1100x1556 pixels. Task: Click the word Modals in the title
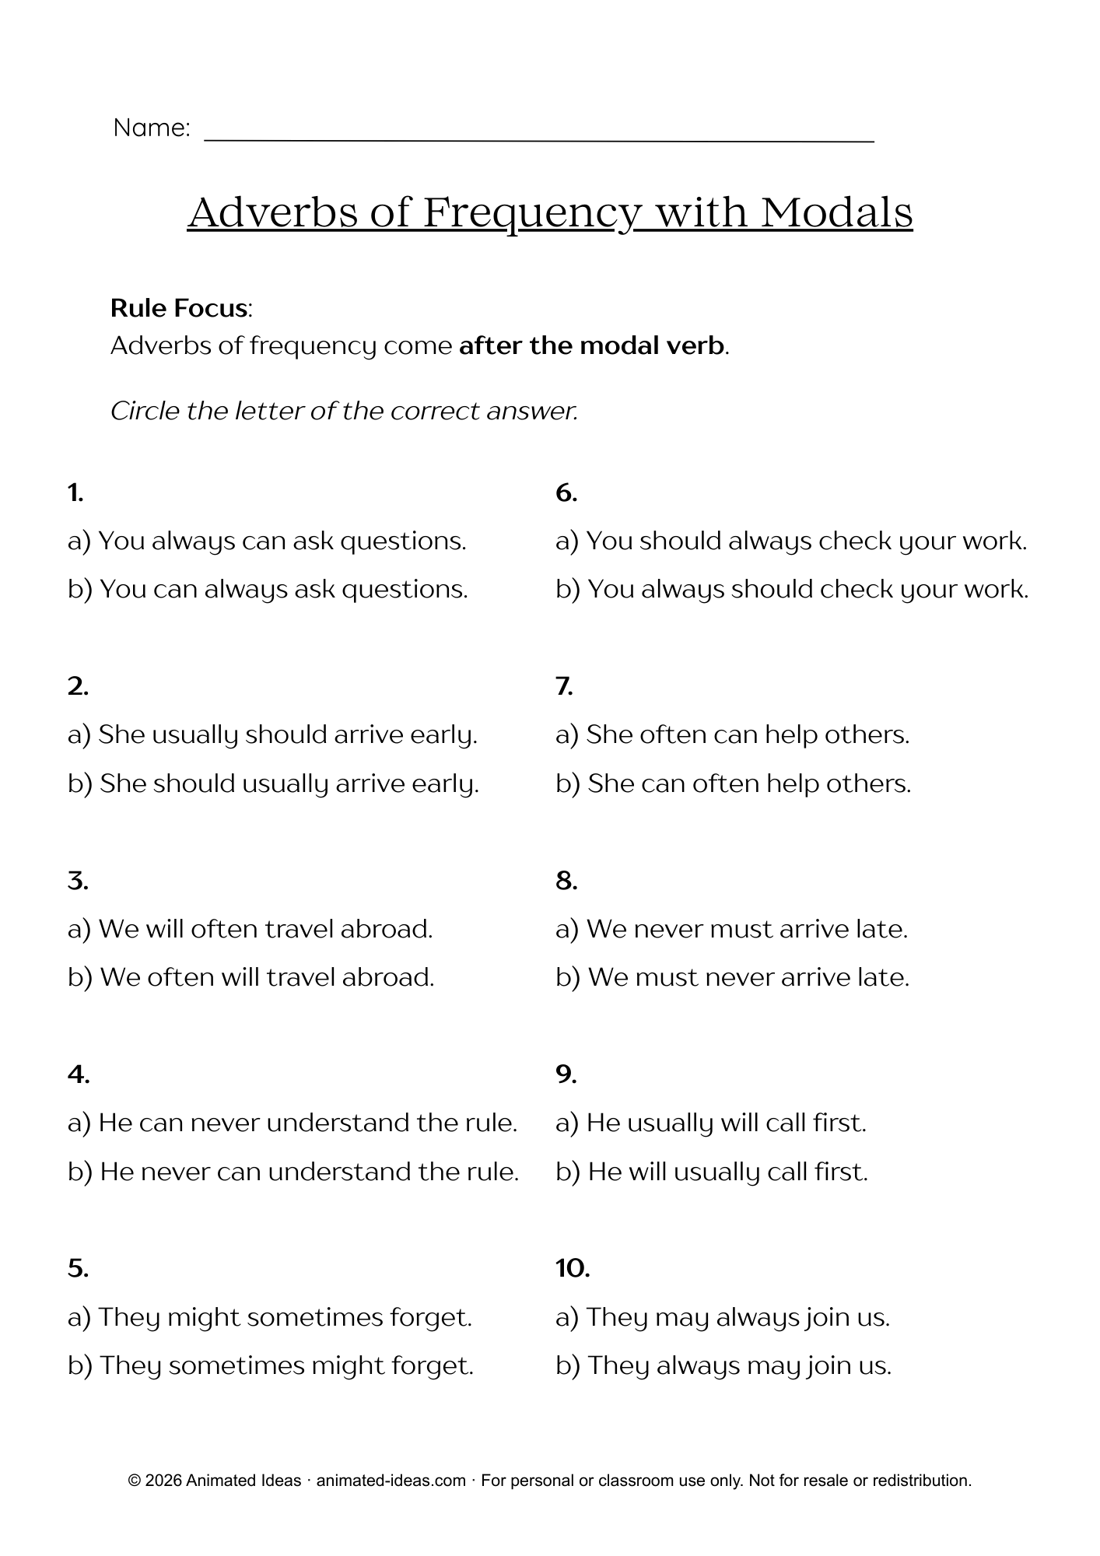pos(836,212)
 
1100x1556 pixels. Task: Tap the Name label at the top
pos(151,128)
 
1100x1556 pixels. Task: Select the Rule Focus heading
pos(180,308)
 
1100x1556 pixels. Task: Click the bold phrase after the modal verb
pos(592,345)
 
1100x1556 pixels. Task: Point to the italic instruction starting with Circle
pos(344,411)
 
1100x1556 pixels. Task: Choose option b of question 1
pos(268,589)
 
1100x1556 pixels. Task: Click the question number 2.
pos(78,685)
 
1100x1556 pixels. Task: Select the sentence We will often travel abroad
pos(250,929)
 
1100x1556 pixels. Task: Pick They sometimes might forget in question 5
pos(271,1365)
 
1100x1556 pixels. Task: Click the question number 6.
pos(566,492)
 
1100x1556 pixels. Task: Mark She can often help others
pos(733,783)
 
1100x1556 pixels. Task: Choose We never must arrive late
pos(731,929)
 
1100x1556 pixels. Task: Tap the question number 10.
pos(573,1268)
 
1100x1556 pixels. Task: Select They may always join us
pos(722,1317)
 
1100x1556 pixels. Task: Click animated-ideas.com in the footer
pos(391,1481)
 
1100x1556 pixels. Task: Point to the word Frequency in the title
pos(532,212)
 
